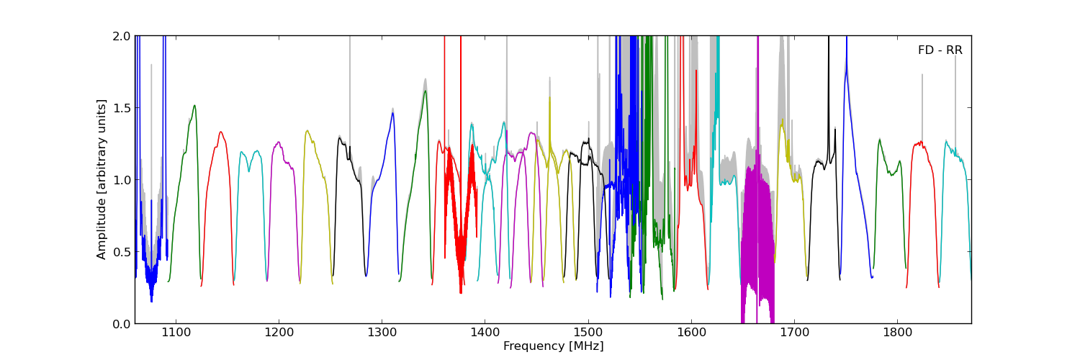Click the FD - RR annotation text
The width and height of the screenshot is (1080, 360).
click(x=940, y=50)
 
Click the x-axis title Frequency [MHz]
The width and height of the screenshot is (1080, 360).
click(x=553, y=346)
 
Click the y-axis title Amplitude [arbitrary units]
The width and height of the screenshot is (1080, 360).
click(x=102, y=179)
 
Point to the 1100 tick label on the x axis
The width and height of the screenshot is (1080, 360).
click(x=176, y=333)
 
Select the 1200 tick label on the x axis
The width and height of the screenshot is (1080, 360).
click(x=279, y=333)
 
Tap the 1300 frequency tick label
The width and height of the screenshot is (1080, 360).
click(x=382, y=333)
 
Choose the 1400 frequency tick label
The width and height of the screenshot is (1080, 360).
click(x=485, y=333)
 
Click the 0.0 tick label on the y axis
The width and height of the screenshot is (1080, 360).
click(x=122, y=324)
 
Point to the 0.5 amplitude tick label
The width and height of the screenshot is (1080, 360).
click(x=122, y=252)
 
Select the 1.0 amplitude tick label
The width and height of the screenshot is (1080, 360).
click(x=122, y=180)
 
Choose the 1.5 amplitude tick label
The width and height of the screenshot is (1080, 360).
click(x=122, y=108)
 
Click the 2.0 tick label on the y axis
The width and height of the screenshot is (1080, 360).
click(x=122, y=36)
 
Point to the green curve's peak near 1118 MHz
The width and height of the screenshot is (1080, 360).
click(x=194, y=106)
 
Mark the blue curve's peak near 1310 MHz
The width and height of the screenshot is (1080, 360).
click(x=393, y=113)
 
